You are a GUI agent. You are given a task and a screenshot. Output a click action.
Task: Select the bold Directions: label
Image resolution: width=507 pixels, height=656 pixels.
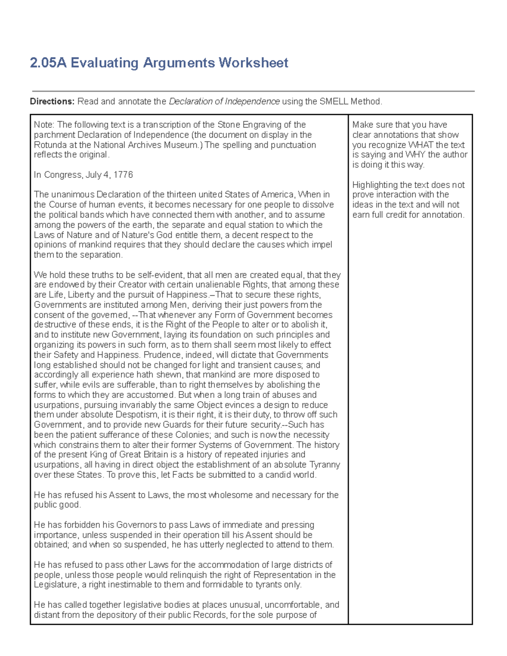(52, 101)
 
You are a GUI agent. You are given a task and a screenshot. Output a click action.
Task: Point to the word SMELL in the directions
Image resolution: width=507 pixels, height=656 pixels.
(334, 101)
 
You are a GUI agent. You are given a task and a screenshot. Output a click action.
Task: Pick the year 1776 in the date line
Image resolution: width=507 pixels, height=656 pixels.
(123, 175)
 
